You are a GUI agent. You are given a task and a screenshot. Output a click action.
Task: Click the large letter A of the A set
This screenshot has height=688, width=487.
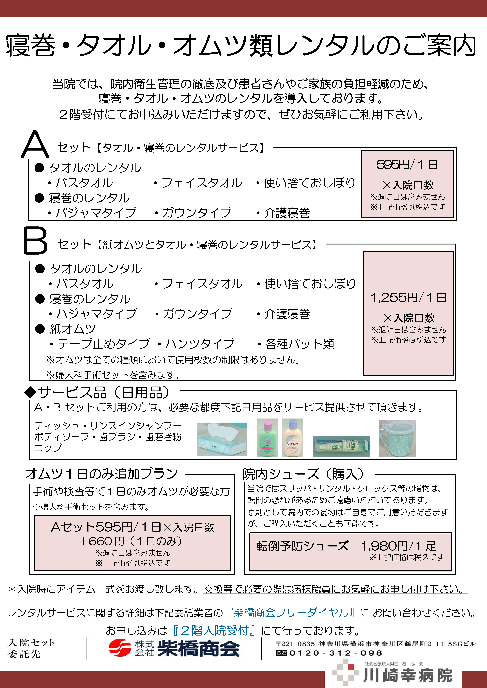(35, 145)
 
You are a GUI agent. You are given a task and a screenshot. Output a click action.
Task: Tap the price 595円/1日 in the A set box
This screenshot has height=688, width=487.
(407, 165)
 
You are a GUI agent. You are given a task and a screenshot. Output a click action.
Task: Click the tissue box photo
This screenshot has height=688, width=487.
(222, 439)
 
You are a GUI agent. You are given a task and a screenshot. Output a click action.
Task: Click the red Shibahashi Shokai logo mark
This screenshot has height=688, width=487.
(120, 648)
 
